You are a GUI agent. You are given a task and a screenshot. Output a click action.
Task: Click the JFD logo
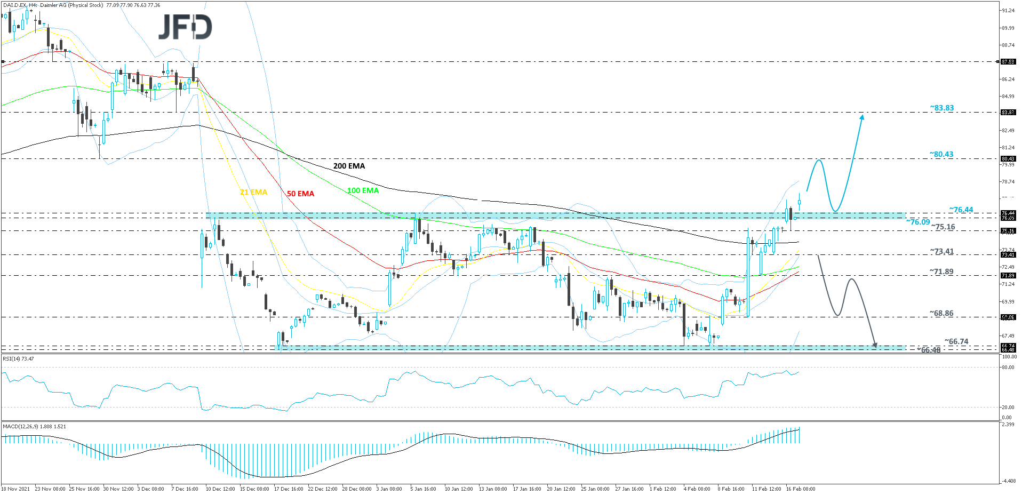coord(185,27)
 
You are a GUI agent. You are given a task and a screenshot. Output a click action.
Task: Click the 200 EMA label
coord(349,166)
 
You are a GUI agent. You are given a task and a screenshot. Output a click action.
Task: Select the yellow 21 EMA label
coord(253,192)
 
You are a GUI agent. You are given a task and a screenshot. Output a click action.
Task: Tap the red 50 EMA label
coord(300,194)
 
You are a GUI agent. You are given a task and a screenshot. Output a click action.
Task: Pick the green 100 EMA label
coord(363,190)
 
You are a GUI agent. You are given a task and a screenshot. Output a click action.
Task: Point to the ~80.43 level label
coord(941,154)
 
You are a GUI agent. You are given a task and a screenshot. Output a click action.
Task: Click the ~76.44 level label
coord(961,210)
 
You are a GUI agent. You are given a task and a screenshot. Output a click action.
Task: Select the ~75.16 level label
coord(943,227)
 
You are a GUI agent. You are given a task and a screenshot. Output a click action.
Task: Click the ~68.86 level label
coord(941,313)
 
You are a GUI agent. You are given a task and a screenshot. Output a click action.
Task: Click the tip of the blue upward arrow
coord(862,115)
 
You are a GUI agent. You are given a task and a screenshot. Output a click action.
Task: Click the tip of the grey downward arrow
coord(875,347)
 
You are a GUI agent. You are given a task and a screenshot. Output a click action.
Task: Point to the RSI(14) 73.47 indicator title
coord(19,358)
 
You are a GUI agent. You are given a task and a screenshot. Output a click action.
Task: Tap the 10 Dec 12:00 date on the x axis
coord(220,489)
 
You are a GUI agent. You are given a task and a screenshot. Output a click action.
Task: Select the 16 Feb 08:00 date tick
coord(800,489)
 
